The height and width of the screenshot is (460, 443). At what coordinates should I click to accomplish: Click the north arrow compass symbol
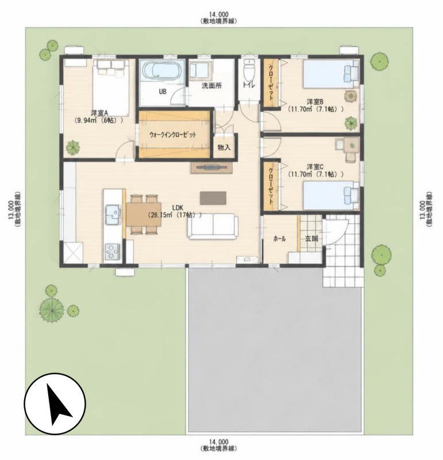[55, 404]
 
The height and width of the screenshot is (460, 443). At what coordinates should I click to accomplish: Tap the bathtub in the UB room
[162, 71]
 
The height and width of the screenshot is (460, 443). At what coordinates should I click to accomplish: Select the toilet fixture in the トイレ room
[249, 70]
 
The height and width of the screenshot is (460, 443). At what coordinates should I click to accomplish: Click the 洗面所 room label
[211, 86]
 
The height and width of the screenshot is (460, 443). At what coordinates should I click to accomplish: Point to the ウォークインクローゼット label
[173, 135]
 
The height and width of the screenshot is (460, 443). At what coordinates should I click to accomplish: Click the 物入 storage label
[224, 148]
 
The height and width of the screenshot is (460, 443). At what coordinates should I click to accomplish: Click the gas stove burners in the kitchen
[113, 252]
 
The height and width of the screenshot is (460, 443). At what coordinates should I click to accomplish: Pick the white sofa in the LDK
[213, 226]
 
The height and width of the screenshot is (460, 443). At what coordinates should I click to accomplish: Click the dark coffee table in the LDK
[213, 198]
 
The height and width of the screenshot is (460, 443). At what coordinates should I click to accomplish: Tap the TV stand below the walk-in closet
[211, 167]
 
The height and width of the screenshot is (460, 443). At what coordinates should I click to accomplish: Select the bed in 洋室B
[332, 74]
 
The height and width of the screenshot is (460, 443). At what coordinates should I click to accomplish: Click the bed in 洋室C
[332, 195]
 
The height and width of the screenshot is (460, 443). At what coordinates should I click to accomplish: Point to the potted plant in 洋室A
[73, 147]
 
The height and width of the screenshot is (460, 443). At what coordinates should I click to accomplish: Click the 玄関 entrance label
[311, 239]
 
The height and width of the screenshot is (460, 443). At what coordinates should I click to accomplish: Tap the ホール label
[279, 239]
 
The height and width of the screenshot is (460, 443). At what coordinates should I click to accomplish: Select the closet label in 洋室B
[271, 82]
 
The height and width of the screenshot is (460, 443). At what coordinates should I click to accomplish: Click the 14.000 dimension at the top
[219, 14]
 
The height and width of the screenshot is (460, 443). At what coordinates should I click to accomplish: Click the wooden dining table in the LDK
[144, 214]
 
